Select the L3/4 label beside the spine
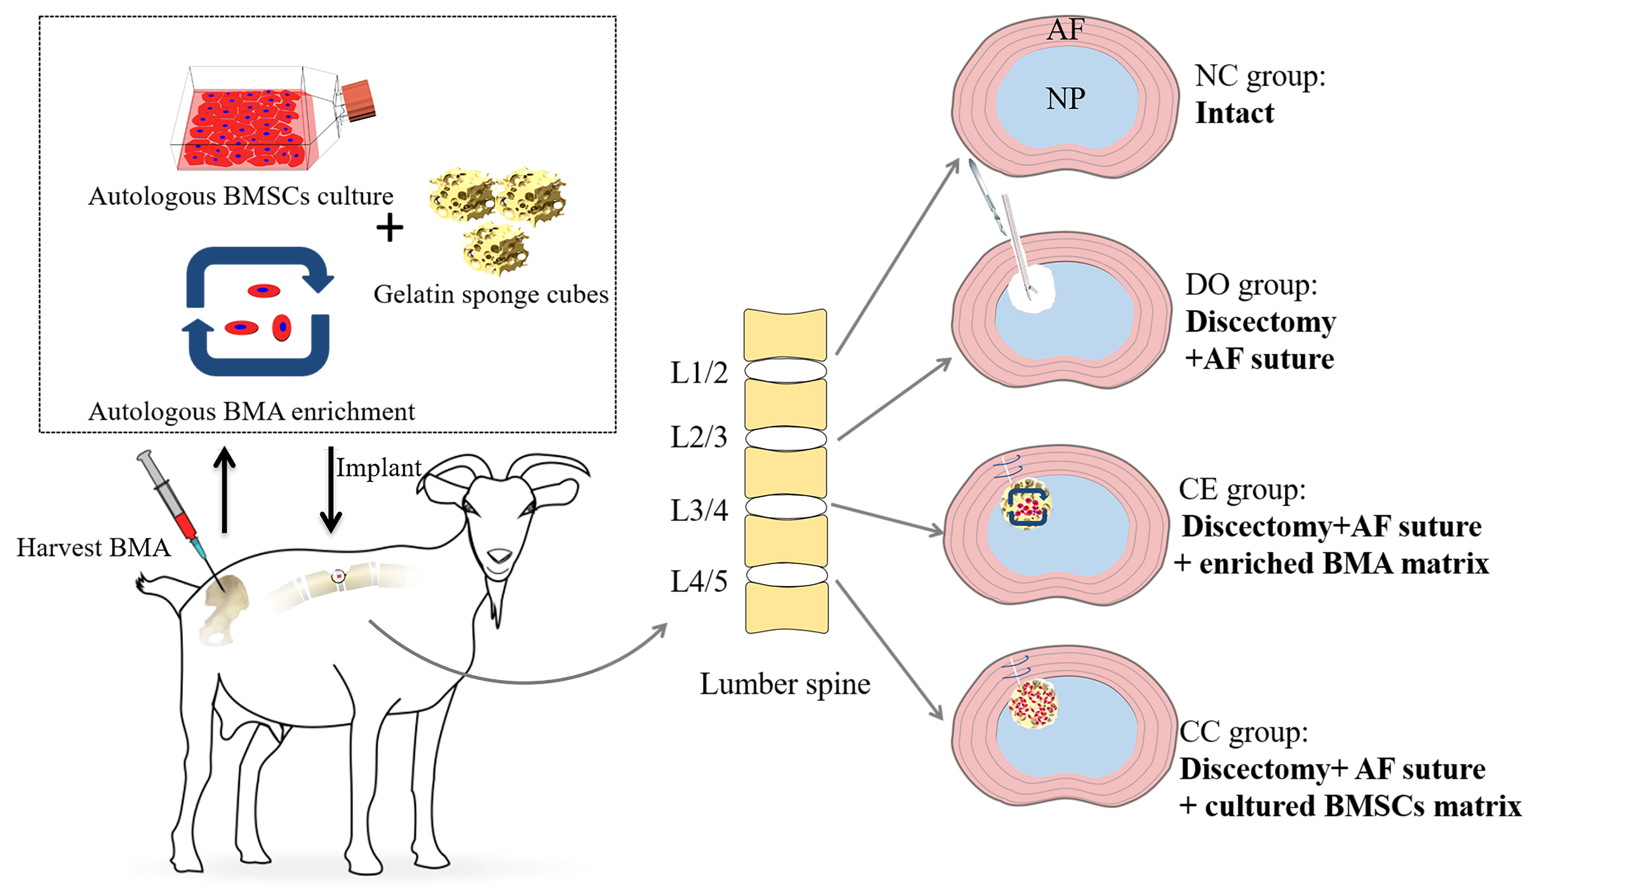pos(699,510)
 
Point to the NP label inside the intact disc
pos(1066,99)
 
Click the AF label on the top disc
pos(1066,29)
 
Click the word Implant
pos(378,468)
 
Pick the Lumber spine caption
pos(785,684)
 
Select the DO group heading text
pos(1250,285)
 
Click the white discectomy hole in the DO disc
pos(1031,289)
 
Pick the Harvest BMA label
pos(93,548)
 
